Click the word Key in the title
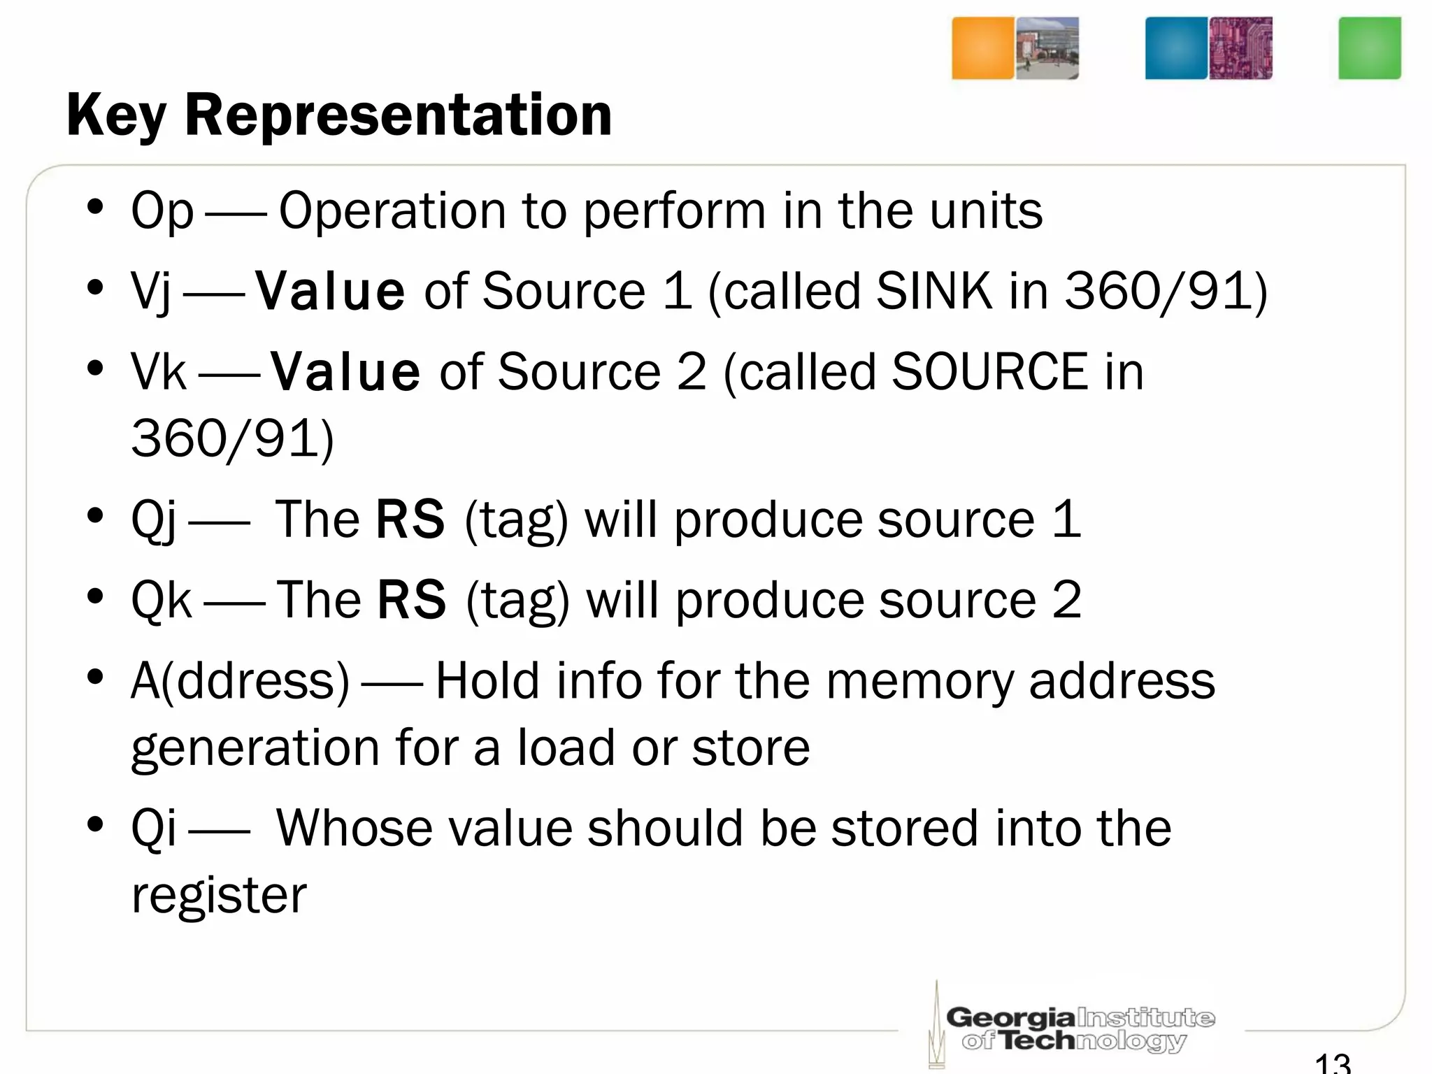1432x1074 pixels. point(116,116)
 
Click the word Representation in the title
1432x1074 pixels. point(398,116)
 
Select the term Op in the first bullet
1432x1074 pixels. point(162,211)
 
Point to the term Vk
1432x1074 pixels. point(159,372)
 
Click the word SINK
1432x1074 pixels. point(933,291)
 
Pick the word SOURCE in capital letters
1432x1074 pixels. point(989,371)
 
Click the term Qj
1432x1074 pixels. point(154,521)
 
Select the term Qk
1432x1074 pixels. point(162,601)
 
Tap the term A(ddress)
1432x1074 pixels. point(240,681)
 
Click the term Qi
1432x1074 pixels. point(154,829)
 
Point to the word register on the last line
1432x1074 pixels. point(219,896)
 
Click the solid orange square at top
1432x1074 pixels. point(982,48)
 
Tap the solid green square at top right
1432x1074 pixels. point(1369,48)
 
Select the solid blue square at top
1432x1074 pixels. point(1176,48)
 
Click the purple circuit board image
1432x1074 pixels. point(1240,48)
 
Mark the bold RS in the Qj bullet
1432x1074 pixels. point(410,520)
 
